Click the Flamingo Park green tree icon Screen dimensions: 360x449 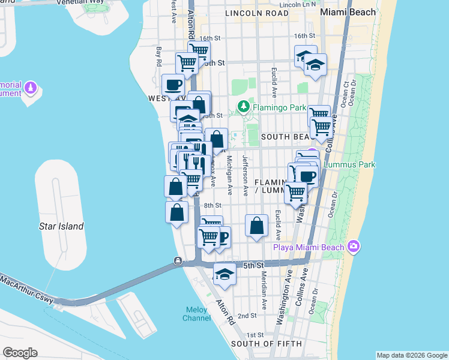click(243, 107)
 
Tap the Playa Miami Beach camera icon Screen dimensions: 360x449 click(354, 247)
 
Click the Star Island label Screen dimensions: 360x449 click(61, 226)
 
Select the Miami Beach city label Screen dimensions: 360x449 click(348, 12)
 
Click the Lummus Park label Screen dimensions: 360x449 click(349, 164)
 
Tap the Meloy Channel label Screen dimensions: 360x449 click(196, 314)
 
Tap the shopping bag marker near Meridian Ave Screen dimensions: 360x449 click(256, 226)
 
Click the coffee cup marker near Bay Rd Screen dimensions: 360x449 click(173, 85)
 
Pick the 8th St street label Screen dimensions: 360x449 click(212, 205)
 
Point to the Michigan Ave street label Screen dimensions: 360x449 click(229, 175)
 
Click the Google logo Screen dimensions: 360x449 click(20, 353)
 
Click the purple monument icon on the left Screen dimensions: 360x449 click(31, 89)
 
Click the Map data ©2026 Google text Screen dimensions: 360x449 click(412, 355)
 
